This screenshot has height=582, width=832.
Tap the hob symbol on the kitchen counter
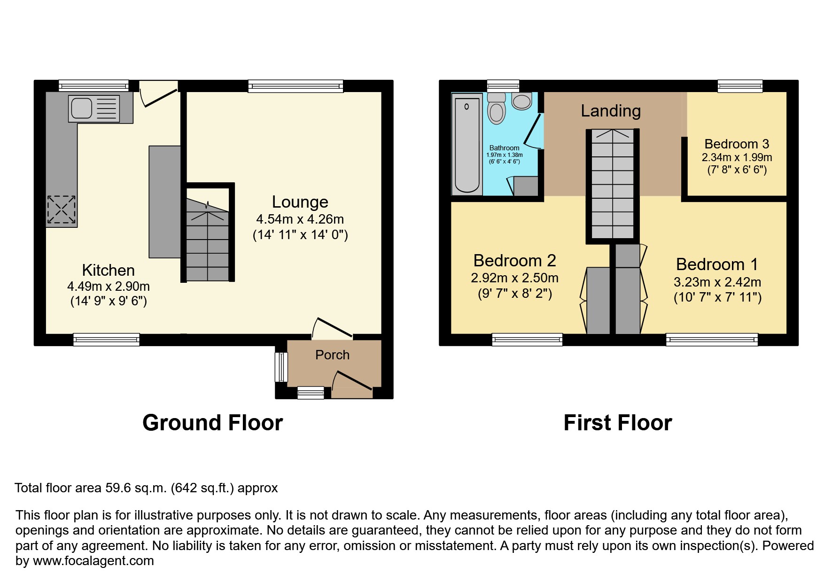tap(61, 210)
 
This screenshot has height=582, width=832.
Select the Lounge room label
tap(300, 202)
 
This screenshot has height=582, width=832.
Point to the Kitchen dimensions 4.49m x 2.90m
tap(109, 286)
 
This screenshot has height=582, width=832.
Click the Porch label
tap(332, 355)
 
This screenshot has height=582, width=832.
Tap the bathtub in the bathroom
tap(467, 143)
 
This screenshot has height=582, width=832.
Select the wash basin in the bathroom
tap(521, 101)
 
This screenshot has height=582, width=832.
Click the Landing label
tap(611, 111)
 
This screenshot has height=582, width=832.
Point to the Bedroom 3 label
tap(737, 144)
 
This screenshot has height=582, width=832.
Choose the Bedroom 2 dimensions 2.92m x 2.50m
tap(514, 278)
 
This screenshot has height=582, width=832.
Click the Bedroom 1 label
tap(717, 264)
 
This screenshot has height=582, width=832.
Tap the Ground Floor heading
tap(212, 423)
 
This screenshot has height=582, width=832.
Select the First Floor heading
tap(617, 423)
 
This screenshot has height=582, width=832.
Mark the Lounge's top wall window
tap(295, 86)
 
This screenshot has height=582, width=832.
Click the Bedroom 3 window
tap(740, 86)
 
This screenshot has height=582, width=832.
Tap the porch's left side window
tap(281, 367)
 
